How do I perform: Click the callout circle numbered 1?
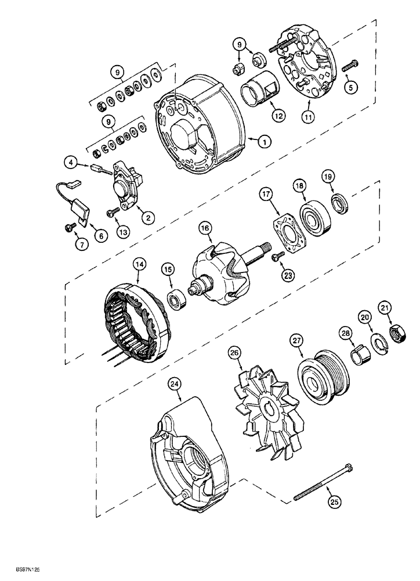coord(248,140)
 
